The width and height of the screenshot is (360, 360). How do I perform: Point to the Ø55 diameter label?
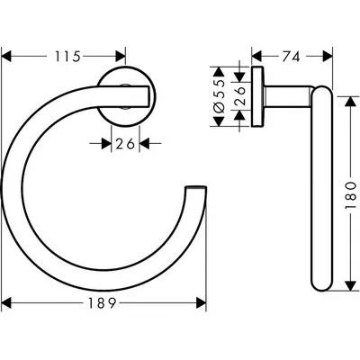coord(220,91)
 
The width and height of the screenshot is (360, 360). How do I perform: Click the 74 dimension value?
coord(290,56)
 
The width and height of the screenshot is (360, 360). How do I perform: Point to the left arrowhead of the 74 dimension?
coord(256,56)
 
